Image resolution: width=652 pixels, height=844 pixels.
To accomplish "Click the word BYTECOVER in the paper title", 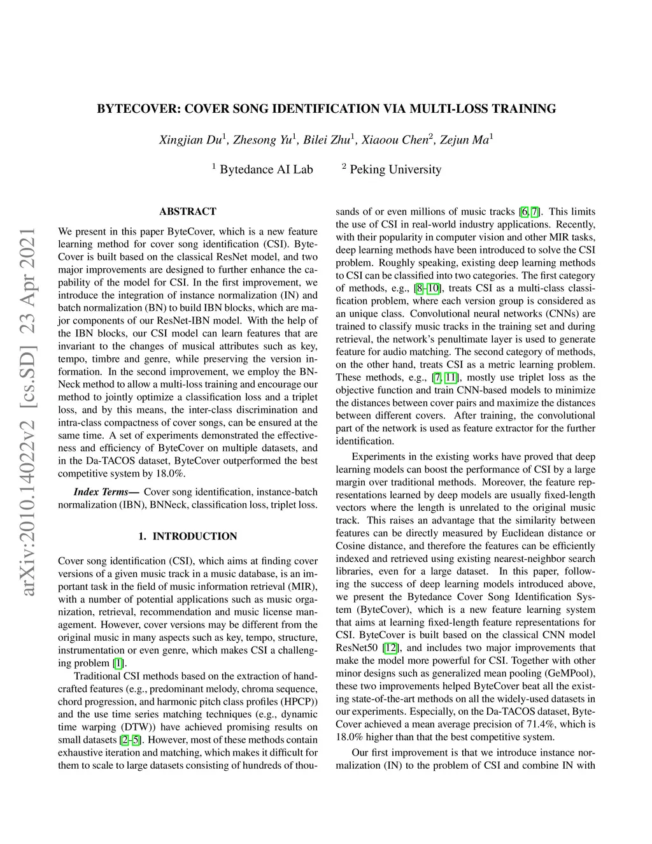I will [x=136, y=108].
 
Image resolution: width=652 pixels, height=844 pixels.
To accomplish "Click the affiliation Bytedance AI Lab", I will [x=266, y=169].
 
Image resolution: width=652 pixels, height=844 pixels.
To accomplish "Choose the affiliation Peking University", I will [x=395, y=169].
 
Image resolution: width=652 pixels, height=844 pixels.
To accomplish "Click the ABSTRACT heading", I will [x=188, y=211].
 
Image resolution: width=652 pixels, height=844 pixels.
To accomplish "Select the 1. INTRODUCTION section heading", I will [x=188, y=536].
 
